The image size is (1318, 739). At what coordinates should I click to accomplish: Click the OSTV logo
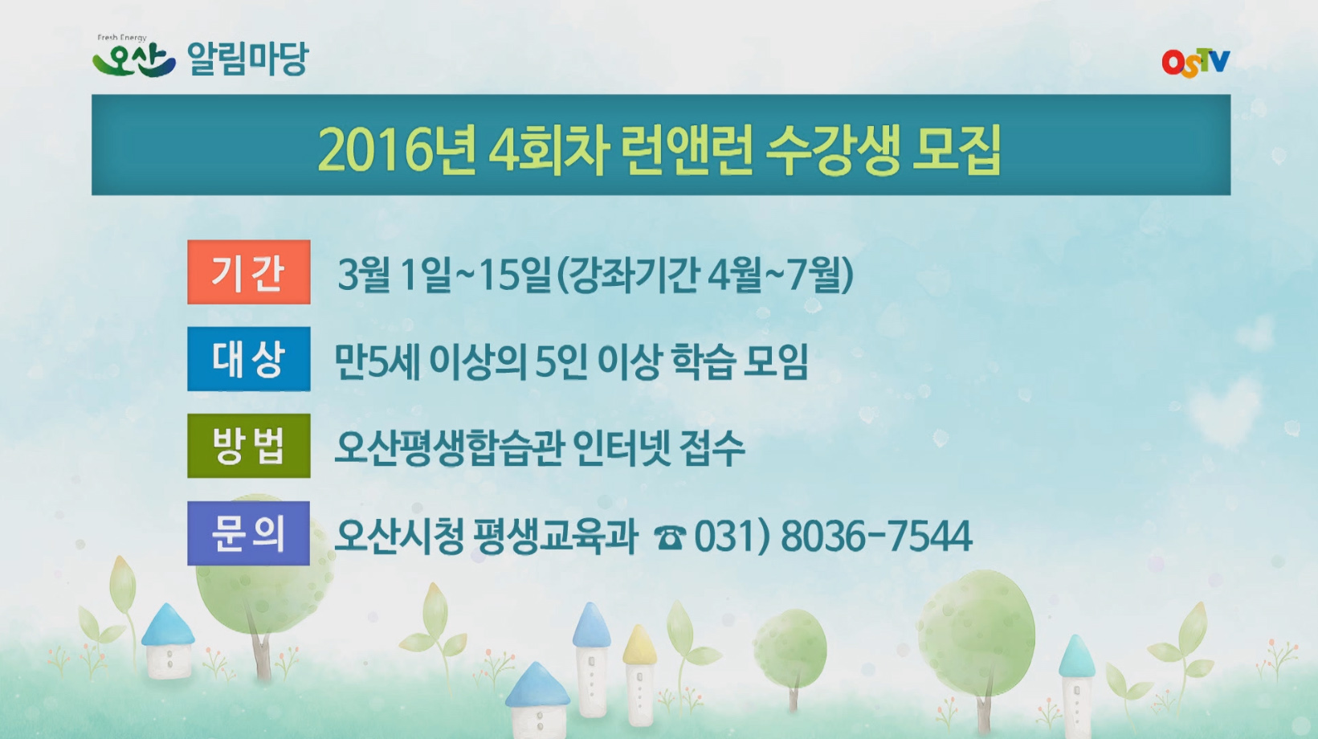1195,62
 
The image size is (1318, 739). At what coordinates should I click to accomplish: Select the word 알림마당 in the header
247,59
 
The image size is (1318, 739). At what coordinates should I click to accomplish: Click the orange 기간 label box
248,272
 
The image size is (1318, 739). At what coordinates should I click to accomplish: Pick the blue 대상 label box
248,359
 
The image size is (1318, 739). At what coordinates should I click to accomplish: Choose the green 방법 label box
248,446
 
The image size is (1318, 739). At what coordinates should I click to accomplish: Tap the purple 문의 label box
248,533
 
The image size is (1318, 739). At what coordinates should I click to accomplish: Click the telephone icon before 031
669,537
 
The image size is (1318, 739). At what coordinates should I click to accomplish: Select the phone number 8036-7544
875,537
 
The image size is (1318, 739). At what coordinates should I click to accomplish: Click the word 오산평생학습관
448,448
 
